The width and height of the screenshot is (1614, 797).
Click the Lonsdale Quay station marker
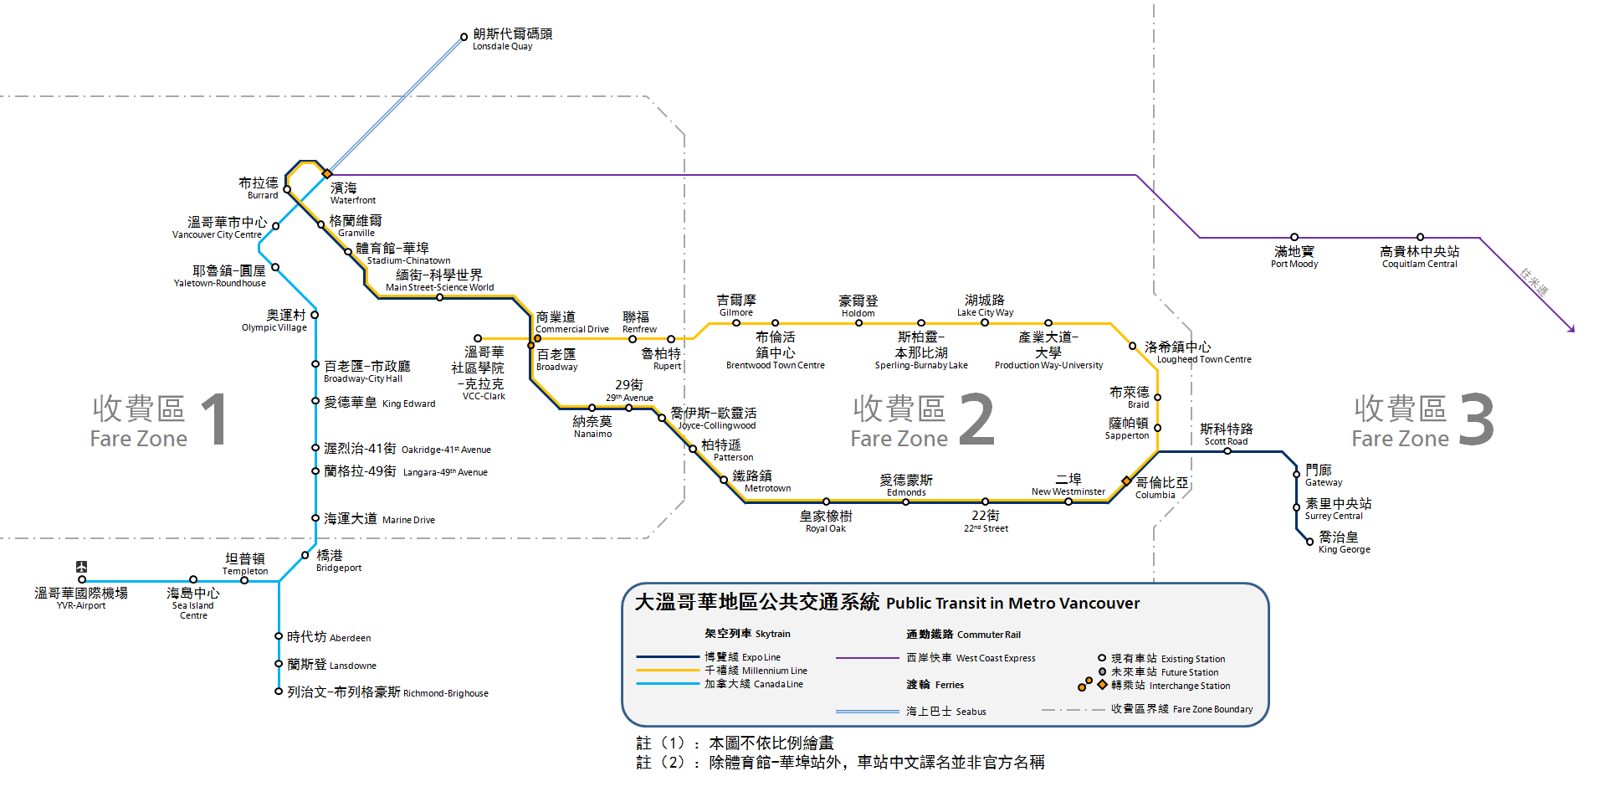tap(464, 37)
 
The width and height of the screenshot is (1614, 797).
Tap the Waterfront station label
tap(352, 193)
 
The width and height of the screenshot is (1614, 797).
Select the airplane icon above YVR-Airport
tap(81, 567)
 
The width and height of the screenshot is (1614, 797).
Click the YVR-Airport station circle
tap(82, 579)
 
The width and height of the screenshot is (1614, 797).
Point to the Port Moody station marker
tap(1294, 238)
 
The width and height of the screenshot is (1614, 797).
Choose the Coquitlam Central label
tap(1419, 256)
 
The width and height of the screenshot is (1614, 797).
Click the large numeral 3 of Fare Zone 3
tap(1477, 419)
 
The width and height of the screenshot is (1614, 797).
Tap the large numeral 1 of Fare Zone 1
tap(216, 419)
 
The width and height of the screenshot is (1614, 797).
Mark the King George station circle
tap(1310, 542)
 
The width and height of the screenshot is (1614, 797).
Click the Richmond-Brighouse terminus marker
tap(279, 692)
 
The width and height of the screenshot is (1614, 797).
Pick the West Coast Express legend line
tap(867, 658)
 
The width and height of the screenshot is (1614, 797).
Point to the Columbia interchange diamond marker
tap(1126, 481)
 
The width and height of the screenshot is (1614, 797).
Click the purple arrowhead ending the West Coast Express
tap(1572, 330)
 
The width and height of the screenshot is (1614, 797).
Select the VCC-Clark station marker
tap(478, 339)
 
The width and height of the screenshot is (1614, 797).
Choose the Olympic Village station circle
tap(315, 315)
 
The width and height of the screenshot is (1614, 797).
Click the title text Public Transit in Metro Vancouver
tap(1012, 603)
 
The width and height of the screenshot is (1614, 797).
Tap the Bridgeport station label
tap(338, 561)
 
